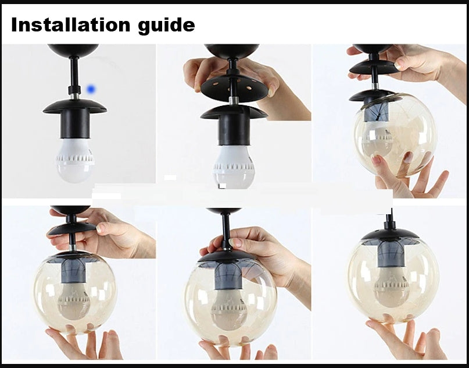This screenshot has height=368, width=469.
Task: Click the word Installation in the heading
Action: coord(70,24)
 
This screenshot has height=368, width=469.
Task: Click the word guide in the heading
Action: coord(166,26)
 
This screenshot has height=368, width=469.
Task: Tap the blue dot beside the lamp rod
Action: coord(91,89)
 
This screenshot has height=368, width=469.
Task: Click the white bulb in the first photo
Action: coord(75,160)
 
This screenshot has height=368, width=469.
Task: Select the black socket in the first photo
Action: coord(75,123)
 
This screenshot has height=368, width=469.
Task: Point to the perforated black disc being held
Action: coord(234,87)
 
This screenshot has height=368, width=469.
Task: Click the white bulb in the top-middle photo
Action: coord(234,167)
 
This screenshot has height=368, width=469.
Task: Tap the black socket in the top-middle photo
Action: coord(234,129)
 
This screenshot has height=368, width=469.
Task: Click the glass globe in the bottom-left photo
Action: coord(75,293)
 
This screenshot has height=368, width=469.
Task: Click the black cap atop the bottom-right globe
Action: coord(390,233)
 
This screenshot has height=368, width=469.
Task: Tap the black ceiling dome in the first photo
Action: coord(73,50)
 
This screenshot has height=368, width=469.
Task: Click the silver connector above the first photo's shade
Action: coord(75,97)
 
